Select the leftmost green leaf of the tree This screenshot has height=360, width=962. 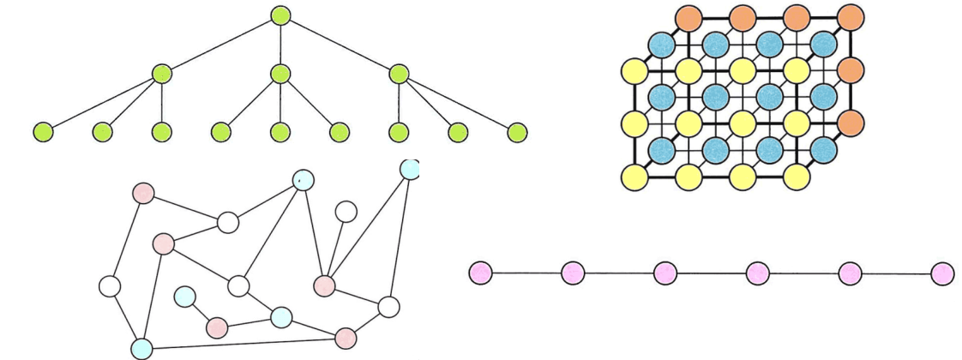coord(43,133)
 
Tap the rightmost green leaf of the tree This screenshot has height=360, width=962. coord(516,133)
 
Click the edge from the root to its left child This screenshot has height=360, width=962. coord(219,45)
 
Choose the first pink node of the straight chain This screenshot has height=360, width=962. coord(481,273)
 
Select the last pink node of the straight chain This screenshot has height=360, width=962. coord(941,273)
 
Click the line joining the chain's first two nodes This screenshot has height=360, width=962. coord(526,273)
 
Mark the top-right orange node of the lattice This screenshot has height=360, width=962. coord(850,16)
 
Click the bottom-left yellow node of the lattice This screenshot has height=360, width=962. coord(634,177)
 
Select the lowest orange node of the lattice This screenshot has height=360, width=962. coord(850,122)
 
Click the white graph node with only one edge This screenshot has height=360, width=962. coord(346,211)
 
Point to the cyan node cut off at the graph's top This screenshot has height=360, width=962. coord(410,168)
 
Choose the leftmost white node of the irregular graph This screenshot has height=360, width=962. coord(111,285)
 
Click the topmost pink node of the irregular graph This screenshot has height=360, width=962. coord(144,194)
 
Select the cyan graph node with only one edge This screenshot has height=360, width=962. coord(184,297)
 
